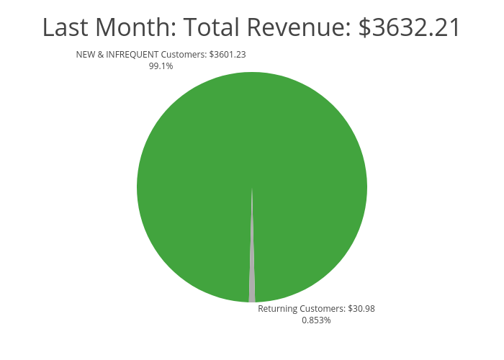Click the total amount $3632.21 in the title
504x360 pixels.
410,28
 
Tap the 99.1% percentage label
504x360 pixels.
161,66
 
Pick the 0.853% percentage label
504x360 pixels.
316,320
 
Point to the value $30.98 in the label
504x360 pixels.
361,309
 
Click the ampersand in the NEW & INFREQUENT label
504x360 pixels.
101,55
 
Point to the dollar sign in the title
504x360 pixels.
366,28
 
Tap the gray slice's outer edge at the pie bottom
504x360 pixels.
252,301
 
